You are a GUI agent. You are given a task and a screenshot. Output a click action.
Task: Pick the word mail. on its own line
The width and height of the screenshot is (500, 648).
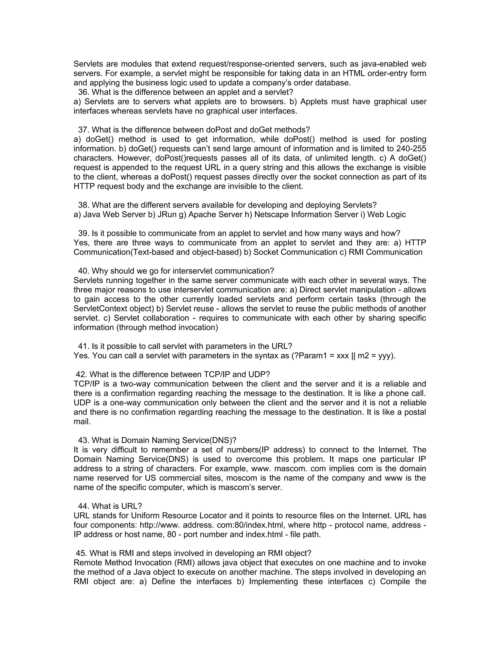click(x=82, y=422)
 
